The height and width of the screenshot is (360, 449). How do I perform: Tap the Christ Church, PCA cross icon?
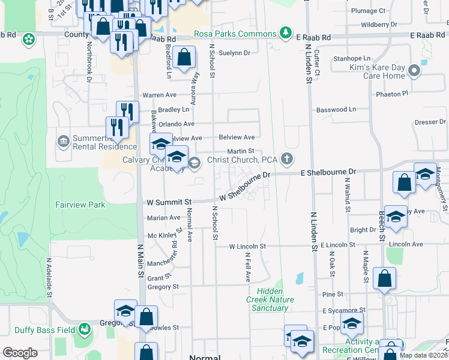288,159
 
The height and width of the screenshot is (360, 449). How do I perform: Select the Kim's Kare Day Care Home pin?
414,72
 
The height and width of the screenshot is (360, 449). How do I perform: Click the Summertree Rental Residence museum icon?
64,141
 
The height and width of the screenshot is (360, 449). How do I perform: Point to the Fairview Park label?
80,205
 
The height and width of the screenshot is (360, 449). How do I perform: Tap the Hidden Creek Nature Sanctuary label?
267,304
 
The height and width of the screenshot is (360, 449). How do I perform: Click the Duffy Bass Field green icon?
85,329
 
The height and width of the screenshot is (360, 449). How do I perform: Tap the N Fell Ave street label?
247,267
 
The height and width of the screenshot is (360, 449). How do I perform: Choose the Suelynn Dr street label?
235,53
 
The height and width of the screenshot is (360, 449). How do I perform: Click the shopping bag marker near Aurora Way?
185,58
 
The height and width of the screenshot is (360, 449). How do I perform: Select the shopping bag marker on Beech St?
384,278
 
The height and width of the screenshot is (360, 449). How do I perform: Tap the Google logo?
20,353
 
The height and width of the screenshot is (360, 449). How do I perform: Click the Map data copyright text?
423,355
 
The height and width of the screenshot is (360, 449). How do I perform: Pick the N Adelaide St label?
49,278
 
